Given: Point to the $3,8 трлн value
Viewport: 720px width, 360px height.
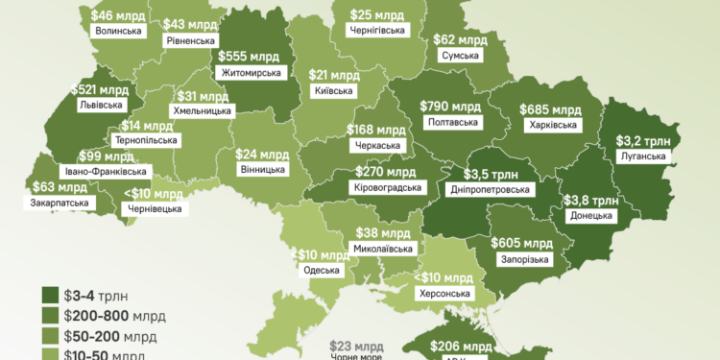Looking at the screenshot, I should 590,200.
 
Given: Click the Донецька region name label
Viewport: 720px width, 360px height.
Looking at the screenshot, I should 590,216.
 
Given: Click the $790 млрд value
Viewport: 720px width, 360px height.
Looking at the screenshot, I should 450,106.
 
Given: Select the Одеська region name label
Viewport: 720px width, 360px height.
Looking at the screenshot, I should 321,270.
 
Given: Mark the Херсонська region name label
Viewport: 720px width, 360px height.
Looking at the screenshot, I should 445,293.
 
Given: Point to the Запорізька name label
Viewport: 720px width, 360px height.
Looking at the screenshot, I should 524,259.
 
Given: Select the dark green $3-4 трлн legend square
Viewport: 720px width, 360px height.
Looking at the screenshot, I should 49,296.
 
